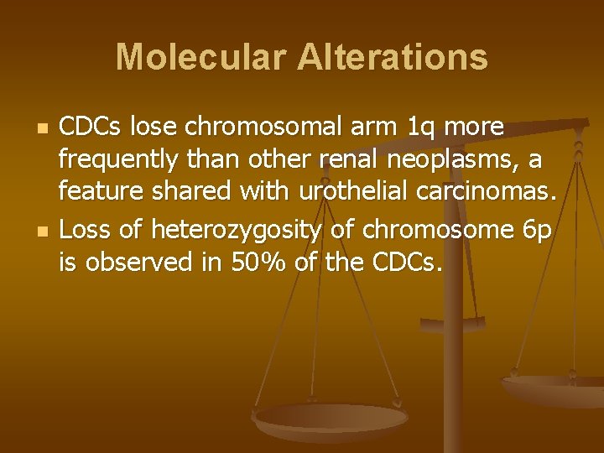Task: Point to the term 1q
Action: pos(421,128)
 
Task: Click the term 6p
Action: pos(535,229)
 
